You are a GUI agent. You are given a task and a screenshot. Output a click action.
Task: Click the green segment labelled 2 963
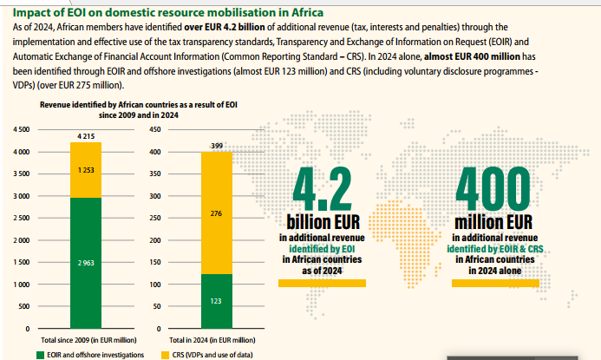click(x=86, y=262)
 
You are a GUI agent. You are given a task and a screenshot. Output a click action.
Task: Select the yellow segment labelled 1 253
click(x=86, y=169)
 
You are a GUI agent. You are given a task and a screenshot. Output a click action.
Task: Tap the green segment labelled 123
click(x=217, y=301)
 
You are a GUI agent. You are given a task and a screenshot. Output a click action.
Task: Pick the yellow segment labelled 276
click(x=217, y=213)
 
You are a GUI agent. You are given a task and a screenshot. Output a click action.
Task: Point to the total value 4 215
click(x=86, y=136)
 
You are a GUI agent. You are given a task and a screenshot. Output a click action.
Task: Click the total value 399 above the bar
click(x=217, y=145)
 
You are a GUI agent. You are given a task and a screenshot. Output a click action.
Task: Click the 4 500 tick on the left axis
click(x=21, y=130)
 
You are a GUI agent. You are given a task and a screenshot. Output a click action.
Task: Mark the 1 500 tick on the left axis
click(x=21, y=262)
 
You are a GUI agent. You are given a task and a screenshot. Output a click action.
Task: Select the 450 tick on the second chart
click(x=155, y=130)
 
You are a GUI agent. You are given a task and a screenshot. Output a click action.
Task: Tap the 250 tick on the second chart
click(x=155, y=218)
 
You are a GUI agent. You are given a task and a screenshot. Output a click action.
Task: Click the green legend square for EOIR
click(x=40, y=354)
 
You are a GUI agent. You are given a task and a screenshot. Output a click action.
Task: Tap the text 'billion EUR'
click(x=321, y=222)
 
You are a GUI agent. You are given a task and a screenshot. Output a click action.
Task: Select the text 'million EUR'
click(x=492, y=223)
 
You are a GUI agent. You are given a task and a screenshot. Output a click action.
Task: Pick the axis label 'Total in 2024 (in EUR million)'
click(x=212, y=340)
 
